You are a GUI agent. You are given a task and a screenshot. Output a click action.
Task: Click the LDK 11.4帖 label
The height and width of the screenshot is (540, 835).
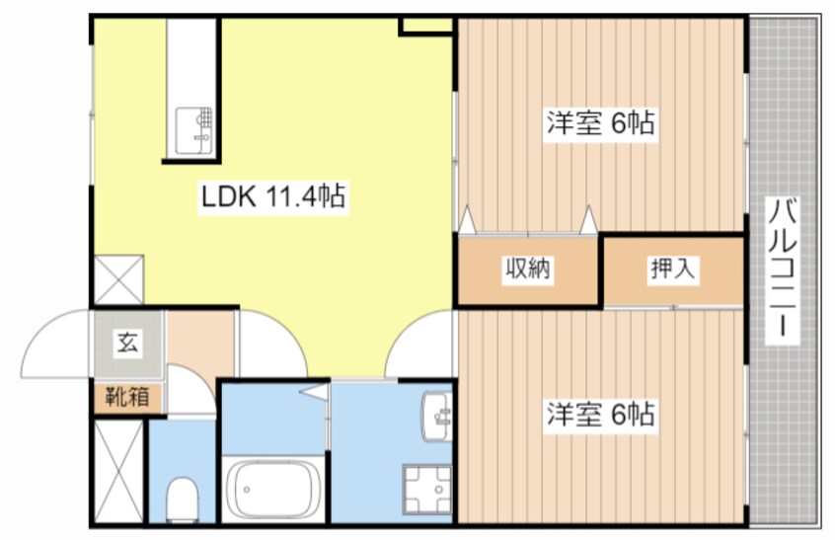tap(272, 196)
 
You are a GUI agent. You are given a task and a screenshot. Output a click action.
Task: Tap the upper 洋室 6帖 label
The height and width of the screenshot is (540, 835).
tap(600, 124)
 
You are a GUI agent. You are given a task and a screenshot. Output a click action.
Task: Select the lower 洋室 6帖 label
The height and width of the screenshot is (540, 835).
tap(600, 416)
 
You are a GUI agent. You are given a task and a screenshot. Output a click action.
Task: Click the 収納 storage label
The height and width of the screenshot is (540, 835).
tap(528, 269)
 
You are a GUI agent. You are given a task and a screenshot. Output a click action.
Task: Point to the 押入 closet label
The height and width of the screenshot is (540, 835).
tap(672, 269)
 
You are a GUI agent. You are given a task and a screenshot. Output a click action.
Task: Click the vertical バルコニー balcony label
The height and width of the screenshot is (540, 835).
tap(785, 270)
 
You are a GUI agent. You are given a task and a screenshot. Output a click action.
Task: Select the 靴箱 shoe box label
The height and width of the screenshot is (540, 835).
tap(128, 397)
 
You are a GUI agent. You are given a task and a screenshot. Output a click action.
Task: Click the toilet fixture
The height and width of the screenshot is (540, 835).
tap(182, 498)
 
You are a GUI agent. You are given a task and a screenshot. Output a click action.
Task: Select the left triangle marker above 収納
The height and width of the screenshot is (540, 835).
tap(466, 218)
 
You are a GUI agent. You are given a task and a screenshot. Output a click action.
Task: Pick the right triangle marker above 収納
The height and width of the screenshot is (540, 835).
tap(589, 219)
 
